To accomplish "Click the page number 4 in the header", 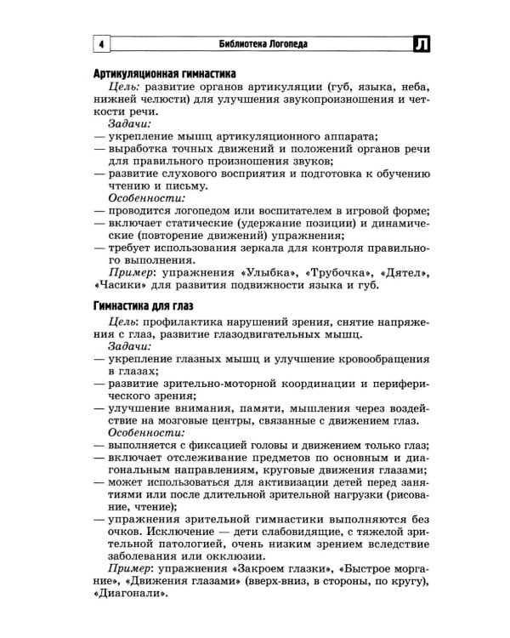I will tap(100, 44).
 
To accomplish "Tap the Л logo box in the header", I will tap(422, 44).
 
